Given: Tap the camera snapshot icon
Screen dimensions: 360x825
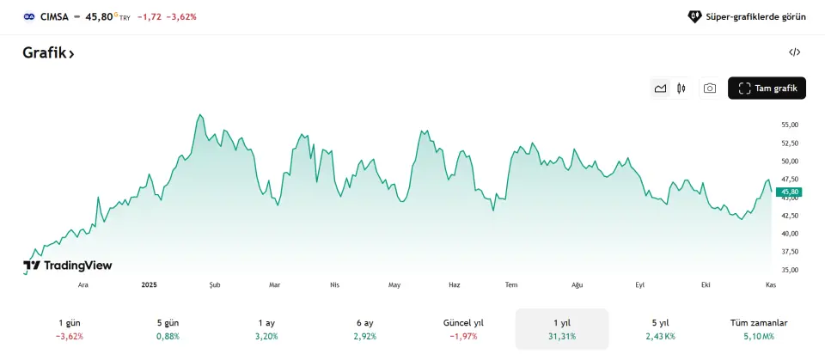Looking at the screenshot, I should coord(709,88).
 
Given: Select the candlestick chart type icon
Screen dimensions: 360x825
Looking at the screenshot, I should coord(681,88).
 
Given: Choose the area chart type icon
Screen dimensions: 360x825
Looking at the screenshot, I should coord(660,88).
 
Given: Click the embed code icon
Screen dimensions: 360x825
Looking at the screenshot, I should coord(794,52).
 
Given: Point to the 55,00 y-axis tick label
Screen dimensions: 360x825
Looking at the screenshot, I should coord(790,125).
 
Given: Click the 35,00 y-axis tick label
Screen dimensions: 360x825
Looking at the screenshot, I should coord(790,270).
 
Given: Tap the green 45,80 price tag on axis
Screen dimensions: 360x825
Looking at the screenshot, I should coord(789,192).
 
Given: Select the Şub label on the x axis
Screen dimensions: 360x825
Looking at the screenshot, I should coord(215,284).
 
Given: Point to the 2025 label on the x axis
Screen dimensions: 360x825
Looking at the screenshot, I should coord(150,284).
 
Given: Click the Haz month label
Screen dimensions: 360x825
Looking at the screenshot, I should coord(455,284).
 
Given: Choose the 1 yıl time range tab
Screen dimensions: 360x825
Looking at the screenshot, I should coord(562,329).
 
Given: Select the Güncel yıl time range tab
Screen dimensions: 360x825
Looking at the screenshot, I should coord(463,329).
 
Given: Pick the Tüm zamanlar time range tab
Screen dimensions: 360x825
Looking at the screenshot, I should coord(758,329).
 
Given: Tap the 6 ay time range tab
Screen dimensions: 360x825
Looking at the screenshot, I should coord(365,329).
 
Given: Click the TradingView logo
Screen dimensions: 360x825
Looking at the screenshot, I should coord(68,265).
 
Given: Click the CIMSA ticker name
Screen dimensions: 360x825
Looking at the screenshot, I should coord(54,16).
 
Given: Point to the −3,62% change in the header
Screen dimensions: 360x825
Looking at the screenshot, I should coord(181,16).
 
